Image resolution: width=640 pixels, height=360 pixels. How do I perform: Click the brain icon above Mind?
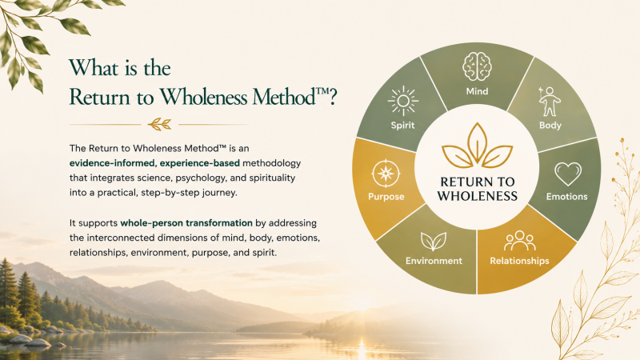(477, 66)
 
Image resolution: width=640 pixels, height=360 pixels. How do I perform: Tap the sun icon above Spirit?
(403, 101)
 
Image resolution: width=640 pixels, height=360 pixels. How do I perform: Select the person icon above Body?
(549, 102)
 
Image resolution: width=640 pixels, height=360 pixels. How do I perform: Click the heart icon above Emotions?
(568, 174)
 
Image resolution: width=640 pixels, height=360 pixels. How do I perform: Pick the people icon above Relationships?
(519, 241)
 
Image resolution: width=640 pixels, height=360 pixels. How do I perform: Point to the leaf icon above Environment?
(434, 242)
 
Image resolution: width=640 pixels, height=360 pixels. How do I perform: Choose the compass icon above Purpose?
(386, 174)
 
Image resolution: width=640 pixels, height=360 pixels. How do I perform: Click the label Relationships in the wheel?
(519, 261)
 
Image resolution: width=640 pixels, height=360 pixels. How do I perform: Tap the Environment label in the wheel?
(434, 261)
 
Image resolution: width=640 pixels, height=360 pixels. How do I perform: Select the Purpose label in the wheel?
(386, 197)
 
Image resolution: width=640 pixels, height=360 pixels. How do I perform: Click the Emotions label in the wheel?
(566, 197)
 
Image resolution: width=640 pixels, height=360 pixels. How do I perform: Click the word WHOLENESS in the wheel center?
(477, 196)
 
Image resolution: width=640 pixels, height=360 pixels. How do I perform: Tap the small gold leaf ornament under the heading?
(159, 124)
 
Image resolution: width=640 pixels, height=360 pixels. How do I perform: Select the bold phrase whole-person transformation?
(186, 223)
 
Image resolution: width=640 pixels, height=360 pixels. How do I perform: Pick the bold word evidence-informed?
(112, 163)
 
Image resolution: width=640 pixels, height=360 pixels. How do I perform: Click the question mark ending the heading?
(333, 97)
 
